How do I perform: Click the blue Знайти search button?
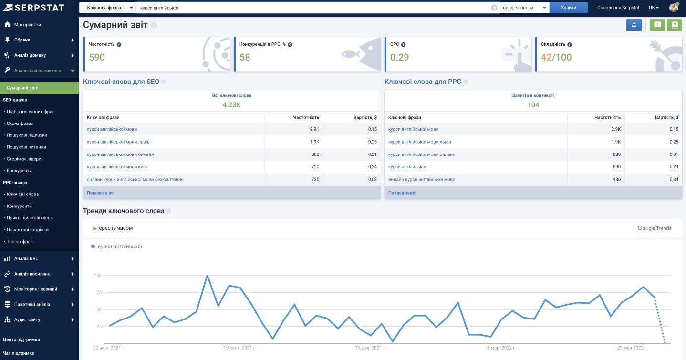(x=568, y=8)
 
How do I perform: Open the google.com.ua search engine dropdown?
(x=525, y=8)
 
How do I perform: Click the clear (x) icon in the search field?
(x=494, y=8)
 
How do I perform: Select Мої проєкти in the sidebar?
(x=27, y=24)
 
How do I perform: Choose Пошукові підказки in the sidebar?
(x=27, y=135)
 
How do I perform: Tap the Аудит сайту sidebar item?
(x=27, y=319)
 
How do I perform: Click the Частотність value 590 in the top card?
(x=97, y=57)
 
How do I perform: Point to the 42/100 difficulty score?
(x=556, y=57)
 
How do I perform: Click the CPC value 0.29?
(x=399, y=57)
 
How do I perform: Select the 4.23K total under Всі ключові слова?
(x=231, y=105)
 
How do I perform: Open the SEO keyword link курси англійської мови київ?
(x=117, y=167)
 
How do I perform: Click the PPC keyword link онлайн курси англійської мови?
(x=422, y=179)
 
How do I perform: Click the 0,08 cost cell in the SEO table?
(x=373, y=179)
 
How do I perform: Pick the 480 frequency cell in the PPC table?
(x=616, y=179)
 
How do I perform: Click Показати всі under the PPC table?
(x=402, y=193)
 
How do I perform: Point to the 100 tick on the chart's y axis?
(x=98, y=276)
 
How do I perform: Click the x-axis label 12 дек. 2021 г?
(x=371, y=348)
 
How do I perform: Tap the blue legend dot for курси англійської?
(x=93, y=246)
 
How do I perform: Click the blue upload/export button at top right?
(x=634, y=25)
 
